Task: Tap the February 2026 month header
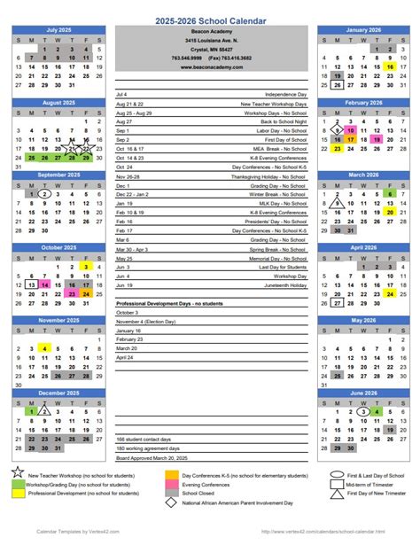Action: click(x=363, y=103)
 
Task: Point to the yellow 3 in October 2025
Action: click(x=85, y=266)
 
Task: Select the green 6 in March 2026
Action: click(x=390, y=193)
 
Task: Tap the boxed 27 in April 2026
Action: click(x=337, y=302)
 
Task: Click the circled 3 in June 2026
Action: click(x=363, y=411)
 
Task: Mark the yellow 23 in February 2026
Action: click(x=337, y=149)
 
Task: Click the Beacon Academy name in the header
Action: click(x=211, y=32)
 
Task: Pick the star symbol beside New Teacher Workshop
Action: click(x=19, y=476)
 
